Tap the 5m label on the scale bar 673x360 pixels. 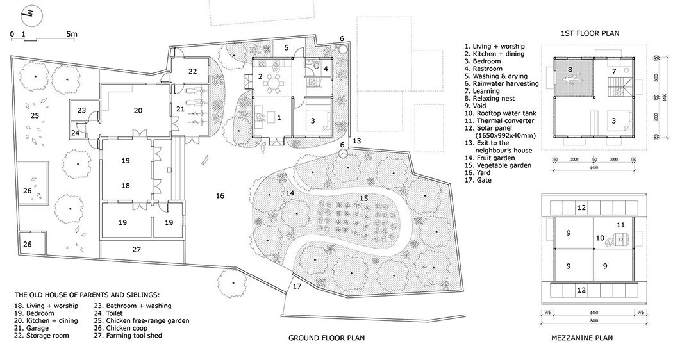pos(71,33)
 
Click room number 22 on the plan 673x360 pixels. pos(193,72)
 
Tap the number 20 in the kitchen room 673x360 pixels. pos(137,110)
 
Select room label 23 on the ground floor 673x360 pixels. pos(81,110)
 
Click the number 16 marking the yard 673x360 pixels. pos(220,195)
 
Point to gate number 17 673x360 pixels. pos(296,286)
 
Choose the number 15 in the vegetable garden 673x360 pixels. pos(364,199)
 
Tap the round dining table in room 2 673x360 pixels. pos(274,83)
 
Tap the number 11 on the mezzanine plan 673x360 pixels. pos(620,225)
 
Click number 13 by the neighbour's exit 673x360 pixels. pos(356,140)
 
